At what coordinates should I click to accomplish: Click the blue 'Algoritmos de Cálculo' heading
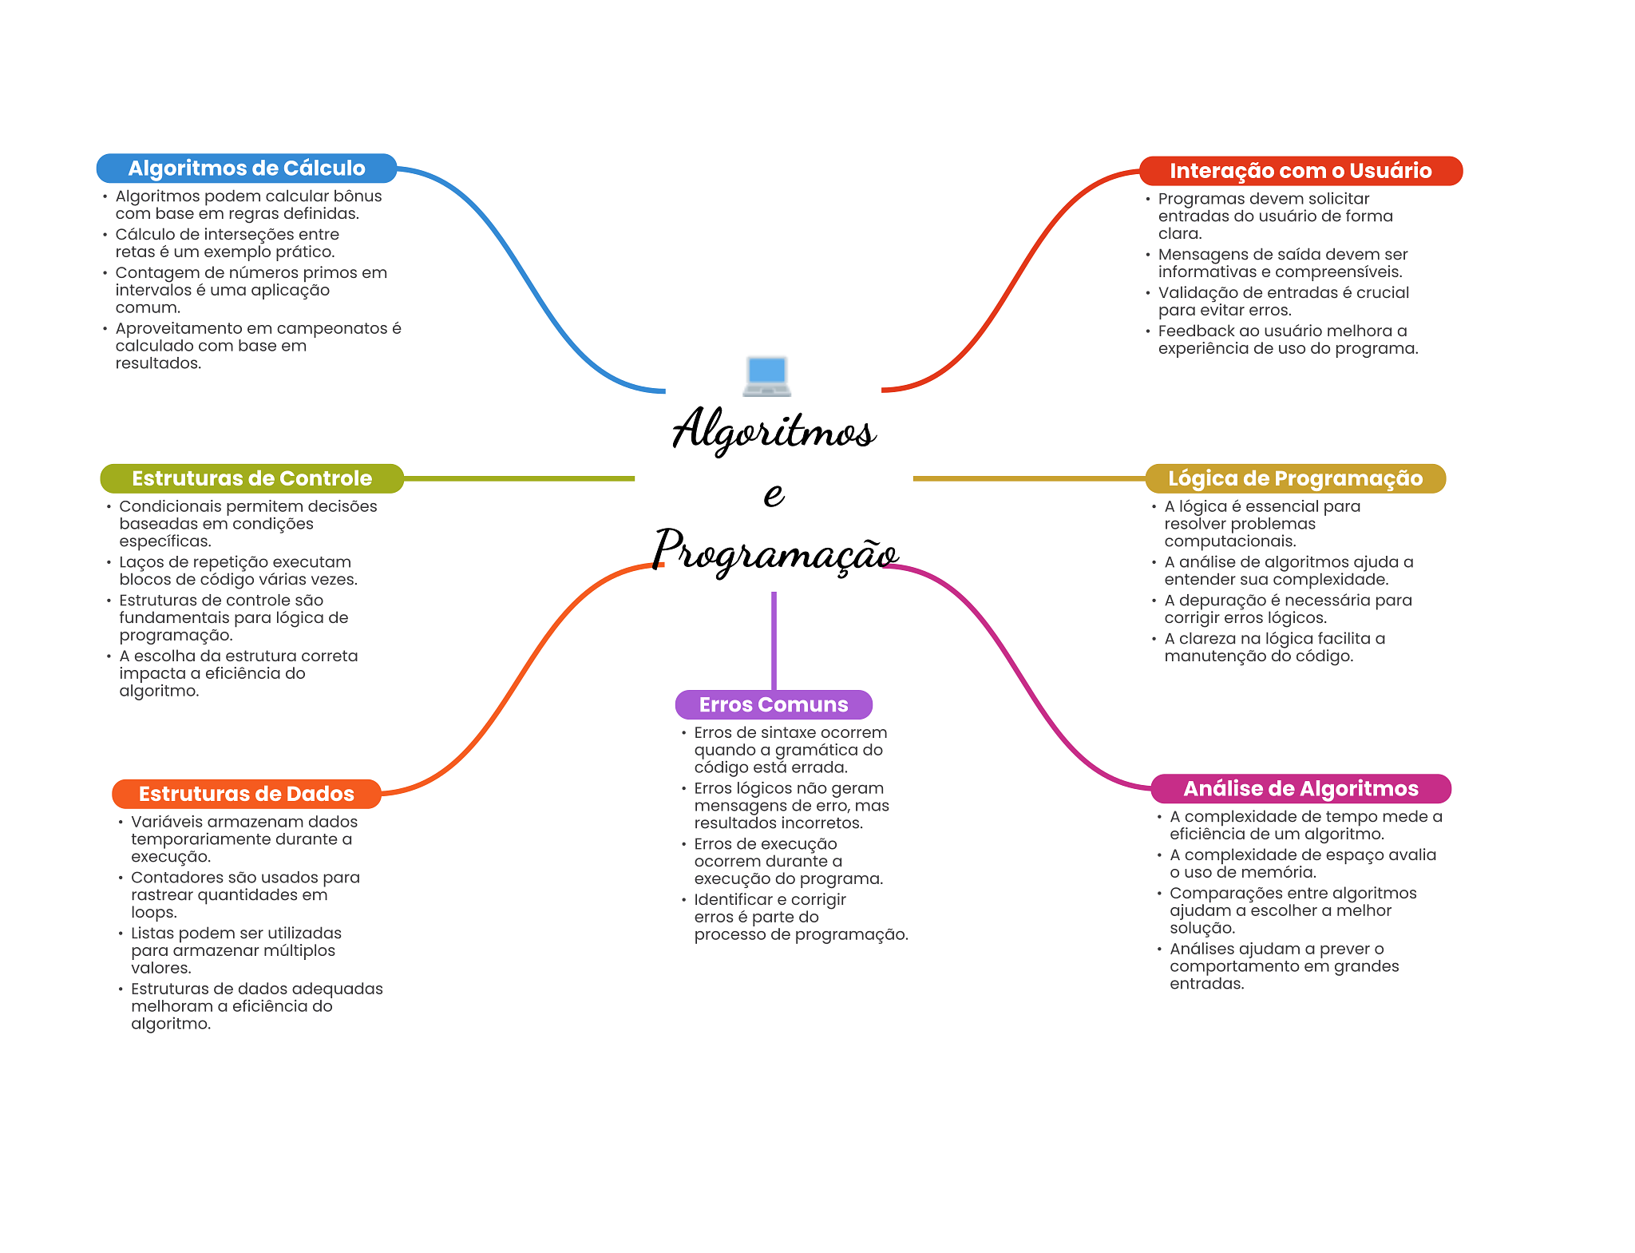coord(247,169)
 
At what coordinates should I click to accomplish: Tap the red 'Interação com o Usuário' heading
coord(1300,171)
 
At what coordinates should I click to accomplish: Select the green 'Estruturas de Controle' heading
coord(251,478)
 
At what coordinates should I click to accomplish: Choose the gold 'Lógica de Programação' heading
coord(1295,478)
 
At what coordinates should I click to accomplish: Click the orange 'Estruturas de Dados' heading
coord(246,794)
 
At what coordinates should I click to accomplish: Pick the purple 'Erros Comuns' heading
coord(774,704)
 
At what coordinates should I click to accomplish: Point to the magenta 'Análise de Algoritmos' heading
coord(1300,789)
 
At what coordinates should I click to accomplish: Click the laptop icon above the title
coord(767,377)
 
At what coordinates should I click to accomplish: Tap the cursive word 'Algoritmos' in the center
coord(774,430)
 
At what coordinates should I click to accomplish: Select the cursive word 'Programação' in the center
coord(775,551)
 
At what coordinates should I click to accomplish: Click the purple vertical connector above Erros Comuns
coord(774,640)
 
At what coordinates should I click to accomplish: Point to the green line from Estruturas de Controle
coord(519,478)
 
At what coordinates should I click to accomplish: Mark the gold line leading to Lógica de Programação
coord(1029,478)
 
